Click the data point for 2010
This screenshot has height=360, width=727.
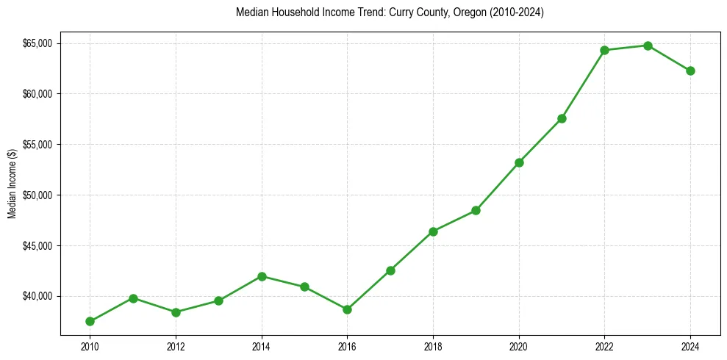pos(90,321)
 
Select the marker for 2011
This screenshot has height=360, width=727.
pos(133,298)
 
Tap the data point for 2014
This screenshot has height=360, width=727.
pos(262,276)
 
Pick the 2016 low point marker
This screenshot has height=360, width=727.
pos(347,309)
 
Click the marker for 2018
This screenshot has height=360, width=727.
pos(433,231)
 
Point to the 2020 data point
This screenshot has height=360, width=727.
pos(519,162)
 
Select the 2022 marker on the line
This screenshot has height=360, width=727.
pos(604,50)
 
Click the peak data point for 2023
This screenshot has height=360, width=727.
pos(648,46)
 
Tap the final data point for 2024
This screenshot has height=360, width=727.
pos(690,71)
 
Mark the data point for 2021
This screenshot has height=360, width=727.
pos(562,118)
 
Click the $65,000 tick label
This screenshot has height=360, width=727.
pos(37,43)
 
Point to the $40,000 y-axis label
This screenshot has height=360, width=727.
pos(37,296)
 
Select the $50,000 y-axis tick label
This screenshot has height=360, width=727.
pos(37,195)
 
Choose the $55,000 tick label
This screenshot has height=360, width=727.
pos(37,145)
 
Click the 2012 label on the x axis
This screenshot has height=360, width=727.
pos(176,347)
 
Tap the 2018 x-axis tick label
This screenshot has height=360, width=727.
pos(433,347)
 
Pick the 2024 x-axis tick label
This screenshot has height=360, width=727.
pos(690,347)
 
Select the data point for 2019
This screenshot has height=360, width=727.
pos(476,210)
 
